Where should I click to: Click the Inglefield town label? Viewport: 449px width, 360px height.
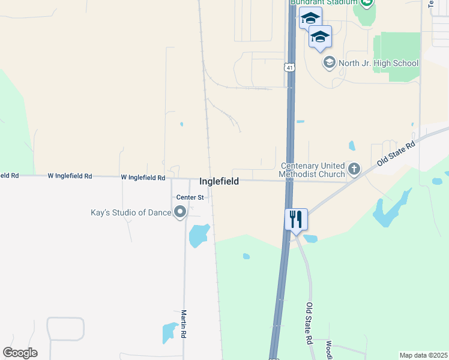pos(219,181)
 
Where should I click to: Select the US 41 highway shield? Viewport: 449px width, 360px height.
pos(290,67)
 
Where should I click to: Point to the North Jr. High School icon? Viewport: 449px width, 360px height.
pos(329,62)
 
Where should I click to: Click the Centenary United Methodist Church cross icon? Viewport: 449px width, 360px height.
pos(354,169)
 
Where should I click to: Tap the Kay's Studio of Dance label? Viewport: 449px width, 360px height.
pos(130,212)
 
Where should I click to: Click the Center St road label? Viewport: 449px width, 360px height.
pos(190,197)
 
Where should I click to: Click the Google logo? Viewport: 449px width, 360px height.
pos(20,353)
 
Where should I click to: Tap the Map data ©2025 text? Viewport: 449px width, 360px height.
pos(423,355)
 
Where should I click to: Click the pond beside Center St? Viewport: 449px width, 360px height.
pos(199,235)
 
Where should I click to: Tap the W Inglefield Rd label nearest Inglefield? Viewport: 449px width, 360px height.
pos(143,178)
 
